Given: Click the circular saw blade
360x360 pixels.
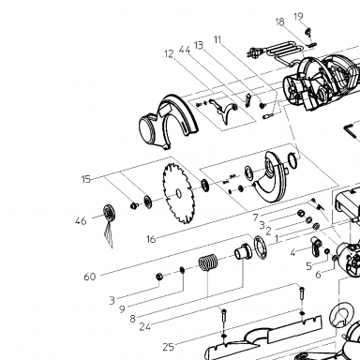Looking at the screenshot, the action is [x=178, y=194].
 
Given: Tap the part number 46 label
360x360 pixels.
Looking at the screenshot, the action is [x=81, y=221].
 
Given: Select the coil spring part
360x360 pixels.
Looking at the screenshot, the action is [x=208, y=262].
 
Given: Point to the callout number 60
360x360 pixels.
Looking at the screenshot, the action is [x=90, y=277].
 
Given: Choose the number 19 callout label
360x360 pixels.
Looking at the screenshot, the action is [x=298, y=16].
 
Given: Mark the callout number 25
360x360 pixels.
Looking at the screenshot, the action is [x=169, y=347].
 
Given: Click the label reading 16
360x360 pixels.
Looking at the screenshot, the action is [x=151, y=239].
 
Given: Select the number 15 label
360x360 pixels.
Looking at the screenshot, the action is [x=85, y=179].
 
